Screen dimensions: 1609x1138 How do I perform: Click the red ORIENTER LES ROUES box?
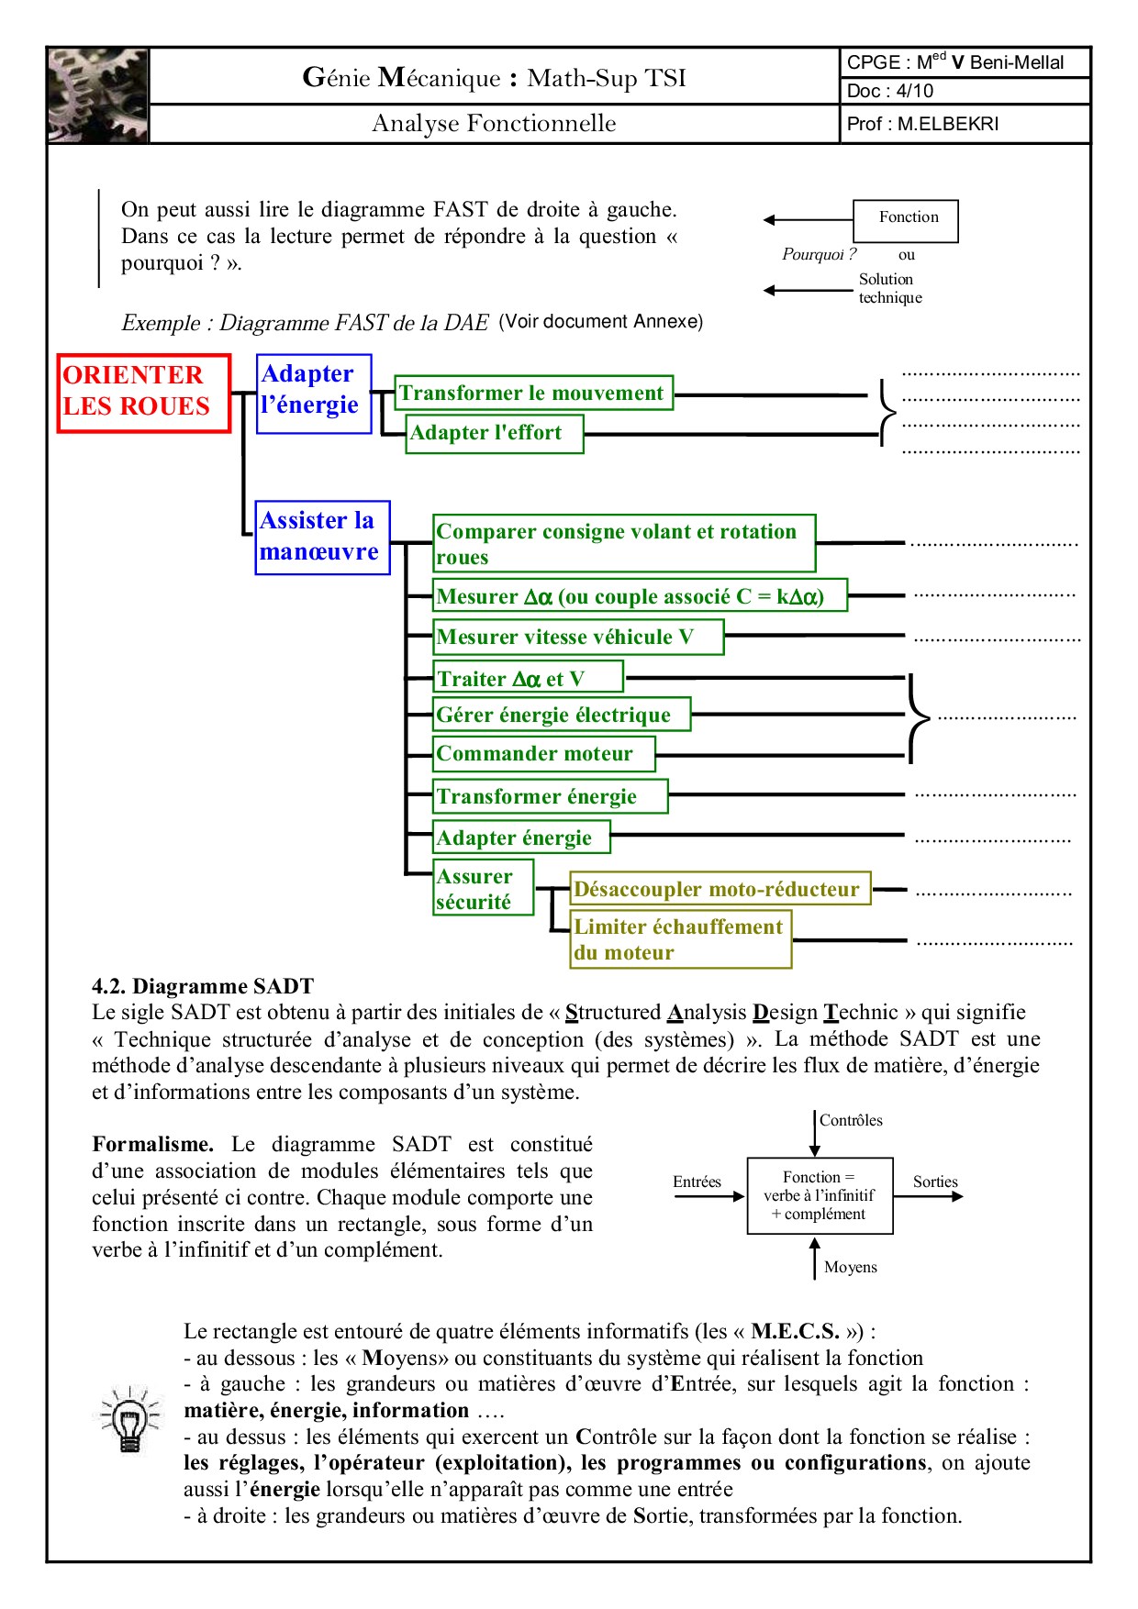(143, 393)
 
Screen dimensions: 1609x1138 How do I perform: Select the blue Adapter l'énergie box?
(314, 394)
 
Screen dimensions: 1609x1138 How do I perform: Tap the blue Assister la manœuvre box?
(322, 538)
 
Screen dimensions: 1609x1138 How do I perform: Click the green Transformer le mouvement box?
(533, 393)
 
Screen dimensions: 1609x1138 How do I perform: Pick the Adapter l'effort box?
(494, 433)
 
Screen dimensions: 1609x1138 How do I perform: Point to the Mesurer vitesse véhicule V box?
(578, 637)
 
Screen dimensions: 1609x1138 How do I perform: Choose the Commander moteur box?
(543, 753)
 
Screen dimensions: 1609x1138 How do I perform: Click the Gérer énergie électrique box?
(561, 715)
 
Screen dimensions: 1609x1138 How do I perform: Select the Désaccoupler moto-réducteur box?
(720, 889)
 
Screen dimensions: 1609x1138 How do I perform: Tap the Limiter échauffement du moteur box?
(680, 939)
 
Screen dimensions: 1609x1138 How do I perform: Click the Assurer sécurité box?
(483, 888)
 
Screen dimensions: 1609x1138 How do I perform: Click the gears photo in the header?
(97, 95)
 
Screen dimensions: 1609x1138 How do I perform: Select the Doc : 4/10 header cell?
(964, 91)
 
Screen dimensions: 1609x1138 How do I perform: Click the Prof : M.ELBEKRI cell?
(964, 124)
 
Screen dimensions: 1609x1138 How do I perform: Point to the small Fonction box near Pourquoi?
(906, 220)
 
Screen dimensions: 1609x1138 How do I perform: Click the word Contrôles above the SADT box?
(851, 1120)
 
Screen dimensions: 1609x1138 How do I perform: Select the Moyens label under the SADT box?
(850, 1267)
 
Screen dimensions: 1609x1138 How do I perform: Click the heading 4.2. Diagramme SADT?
(203, 986)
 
